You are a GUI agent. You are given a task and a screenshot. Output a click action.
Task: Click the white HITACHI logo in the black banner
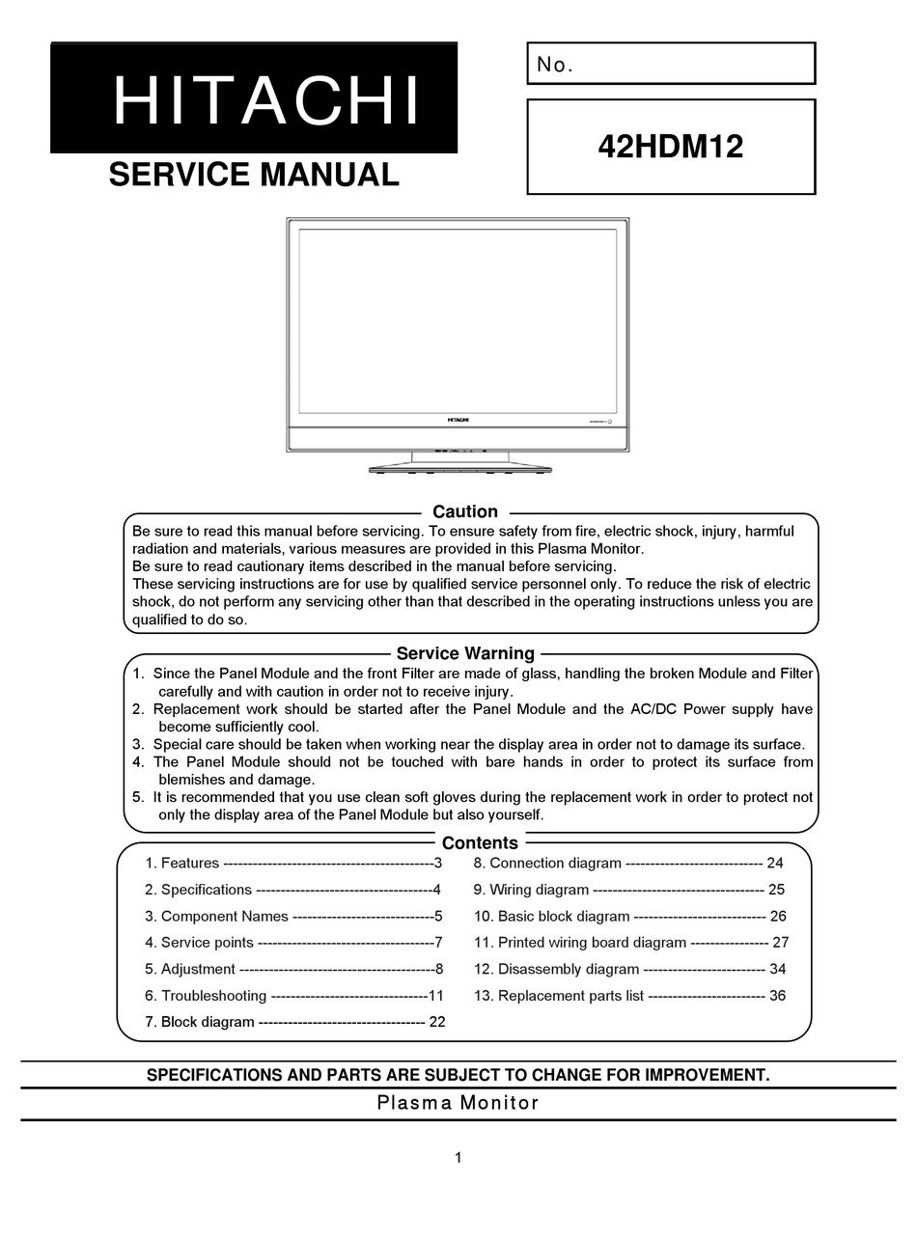[266, 100]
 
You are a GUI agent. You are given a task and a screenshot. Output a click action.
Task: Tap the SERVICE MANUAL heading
[254, 175]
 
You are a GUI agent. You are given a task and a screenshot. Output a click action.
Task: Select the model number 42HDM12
[670, 147]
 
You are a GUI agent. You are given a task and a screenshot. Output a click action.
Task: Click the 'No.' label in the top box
[555, 65]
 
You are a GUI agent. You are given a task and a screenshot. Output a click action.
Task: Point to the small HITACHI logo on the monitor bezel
[458, 420]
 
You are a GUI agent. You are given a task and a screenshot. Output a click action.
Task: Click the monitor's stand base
[459, 469]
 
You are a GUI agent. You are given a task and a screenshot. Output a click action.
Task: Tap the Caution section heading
[465, 511]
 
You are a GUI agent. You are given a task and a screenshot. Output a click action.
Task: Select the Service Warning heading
[465, 653]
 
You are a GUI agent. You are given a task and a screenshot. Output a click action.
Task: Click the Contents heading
[480, 842]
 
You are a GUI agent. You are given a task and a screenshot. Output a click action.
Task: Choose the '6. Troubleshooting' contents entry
[206, 995]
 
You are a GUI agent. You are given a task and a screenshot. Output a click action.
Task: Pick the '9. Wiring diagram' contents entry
[531, 890]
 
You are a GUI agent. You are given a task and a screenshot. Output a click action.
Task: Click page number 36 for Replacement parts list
[777, 995]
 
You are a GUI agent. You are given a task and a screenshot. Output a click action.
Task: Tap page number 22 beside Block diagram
[436, 1022]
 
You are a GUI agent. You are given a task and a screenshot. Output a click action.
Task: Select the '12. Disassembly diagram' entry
[556, 969]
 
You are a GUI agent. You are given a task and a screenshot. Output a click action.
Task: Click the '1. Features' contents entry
[182, 863]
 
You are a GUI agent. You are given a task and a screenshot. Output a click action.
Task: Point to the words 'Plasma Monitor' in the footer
[458, 1103]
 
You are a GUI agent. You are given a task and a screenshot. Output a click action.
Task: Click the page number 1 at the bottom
[458, 1158]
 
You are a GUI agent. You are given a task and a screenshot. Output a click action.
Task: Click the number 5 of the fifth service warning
[137, 797]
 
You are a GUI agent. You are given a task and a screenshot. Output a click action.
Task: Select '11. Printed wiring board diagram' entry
[579, 943]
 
